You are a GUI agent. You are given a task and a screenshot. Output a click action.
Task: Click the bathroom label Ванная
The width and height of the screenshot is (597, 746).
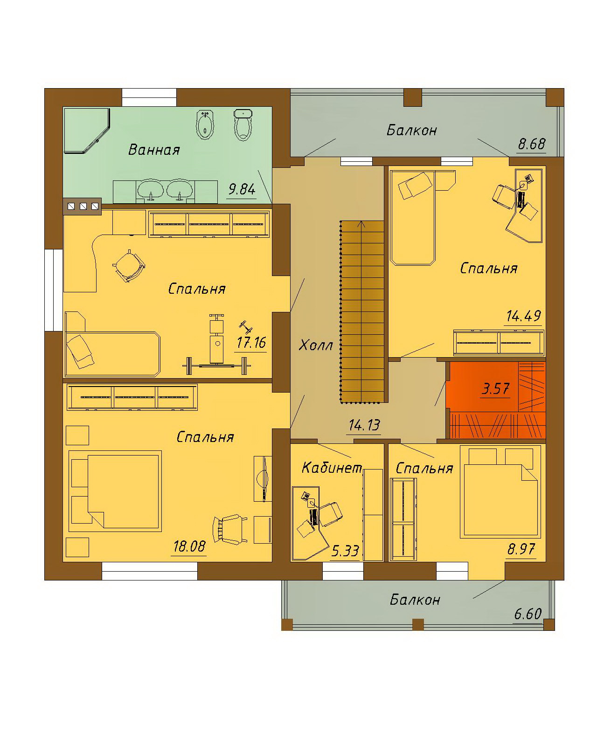pos(154,150)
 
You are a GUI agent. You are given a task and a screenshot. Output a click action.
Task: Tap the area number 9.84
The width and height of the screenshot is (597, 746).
pos(242,189)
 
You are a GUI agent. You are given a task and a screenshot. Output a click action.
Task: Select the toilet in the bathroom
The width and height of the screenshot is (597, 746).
pos(243,125)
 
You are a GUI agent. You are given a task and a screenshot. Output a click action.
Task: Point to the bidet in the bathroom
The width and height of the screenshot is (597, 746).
pos(205,125)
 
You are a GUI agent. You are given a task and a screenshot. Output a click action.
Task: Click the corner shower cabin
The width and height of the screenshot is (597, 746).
pos(87,131)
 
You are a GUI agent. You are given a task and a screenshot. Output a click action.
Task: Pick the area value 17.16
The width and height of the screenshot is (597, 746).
pos(251,343)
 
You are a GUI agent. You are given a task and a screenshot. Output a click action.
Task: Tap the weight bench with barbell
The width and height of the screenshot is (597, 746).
pos(217,346)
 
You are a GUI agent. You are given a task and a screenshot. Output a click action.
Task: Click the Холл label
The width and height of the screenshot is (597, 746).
pos(316,345)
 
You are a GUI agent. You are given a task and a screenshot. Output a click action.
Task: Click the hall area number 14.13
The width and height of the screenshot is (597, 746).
pos(364,425)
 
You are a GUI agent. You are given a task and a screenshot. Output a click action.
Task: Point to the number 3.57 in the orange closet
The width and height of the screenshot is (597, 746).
pos(495,389)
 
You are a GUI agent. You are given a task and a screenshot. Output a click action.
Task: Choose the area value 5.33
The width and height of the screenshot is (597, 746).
pos(345,551)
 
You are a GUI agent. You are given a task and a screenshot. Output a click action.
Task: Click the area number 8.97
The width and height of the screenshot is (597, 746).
pos(521,549)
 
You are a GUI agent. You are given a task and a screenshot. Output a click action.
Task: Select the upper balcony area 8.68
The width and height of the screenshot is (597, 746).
pos(532,144)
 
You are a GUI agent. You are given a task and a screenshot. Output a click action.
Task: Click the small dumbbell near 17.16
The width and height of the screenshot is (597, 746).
pos(246,326)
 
